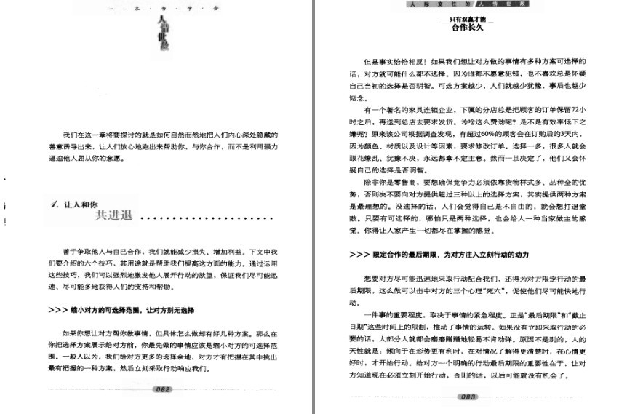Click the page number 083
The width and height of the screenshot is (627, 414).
click(x=468, y=397)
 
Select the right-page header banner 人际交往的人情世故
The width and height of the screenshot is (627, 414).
click(x=468, y=4)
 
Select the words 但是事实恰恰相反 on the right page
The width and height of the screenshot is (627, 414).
click(x=396, y=61)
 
